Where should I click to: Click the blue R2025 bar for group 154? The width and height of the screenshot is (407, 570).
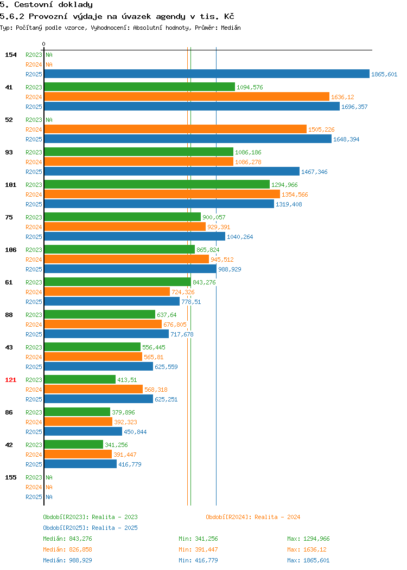pos(207,74)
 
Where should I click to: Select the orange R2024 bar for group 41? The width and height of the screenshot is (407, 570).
pos(187,96)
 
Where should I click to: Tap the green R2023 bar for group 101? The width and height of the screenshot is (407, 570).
pos(157,184)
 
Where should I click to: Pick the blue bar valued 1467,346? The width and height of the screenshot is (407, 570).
pos(172,171)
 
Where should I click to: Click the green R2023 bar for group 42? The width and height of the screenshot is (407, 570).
pos(74,444)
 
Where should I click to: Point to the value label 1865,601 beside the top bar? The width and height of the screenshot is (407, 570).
pos(384,74)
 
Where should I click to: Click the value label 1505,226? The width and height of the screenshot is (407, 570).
pos(321,129)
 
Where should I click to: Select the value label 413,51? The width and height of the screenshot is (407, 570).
pos(127,379)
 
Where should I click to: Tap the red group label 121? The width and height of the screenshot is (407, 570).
pos(10,379)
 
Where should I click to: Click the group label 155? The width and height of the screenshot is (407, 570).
pos(10,477)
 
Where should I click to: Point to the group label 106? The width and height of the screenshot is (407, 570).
pos(10,249)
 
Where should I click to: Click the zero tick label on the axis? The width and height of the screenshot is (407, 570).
pos(44,44)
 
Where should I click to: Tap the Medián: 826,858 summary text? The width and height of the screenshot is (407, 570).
pos(67,549)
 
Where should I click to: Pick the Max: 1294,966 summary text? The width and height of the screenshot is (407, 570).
pos(308,539)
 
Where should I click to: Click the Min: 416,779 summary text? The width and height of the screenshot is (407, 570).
pos(198,560)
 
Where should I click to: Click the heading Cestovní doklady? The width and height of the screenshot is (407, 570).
pos(54,5)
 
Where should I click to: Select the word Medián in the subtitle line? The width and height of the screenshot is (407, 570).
pos(231,28)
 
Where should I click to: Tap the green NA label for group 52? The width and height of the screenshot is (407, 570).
pos(49,120)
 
